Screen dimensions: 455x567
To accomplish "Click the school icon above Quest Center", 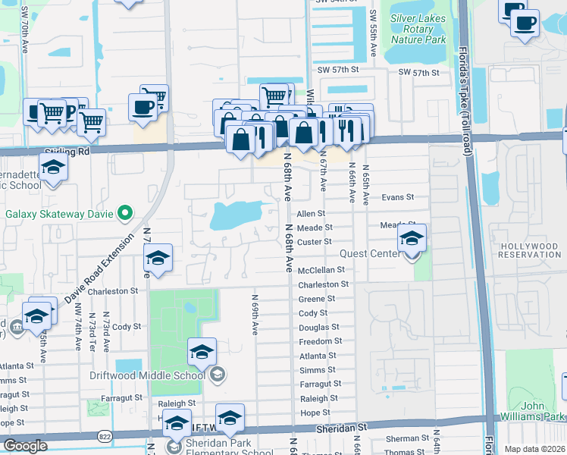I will click(x=411, y=239).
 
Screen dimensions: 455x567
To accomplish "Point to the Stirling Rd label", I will click(x=67, y=152).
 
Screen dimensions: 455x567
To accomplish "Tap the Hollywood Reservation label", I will click(x=529, y=249).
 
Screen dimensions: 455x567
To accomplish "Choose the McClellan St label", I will click(x=321, y=270).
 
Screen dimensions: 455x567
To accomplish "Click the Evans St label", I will click(x=397, y=197).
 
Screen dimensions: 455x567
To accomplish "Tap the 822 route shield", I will click(x=105, y=435).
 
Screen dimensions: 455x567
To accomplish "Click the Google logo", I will click(x=25, y=446).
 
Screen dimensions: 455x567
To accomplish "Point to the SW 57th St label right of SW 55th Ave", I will click(x=419, y=72).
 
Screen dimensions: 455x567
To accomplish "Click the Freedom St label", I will click(x=317, y=342).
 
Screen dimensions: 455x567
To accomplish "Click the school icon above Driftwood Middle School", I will click(x=202, y=351).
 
